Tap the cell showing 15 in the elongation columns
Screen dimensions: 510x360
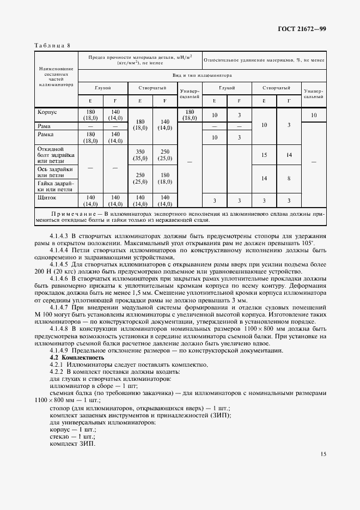(x=264, y=155)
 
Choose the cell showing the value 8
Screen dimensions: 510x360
(x=289, y=178)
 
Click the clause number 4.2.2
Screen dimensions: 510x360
(x=58, y=372)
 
